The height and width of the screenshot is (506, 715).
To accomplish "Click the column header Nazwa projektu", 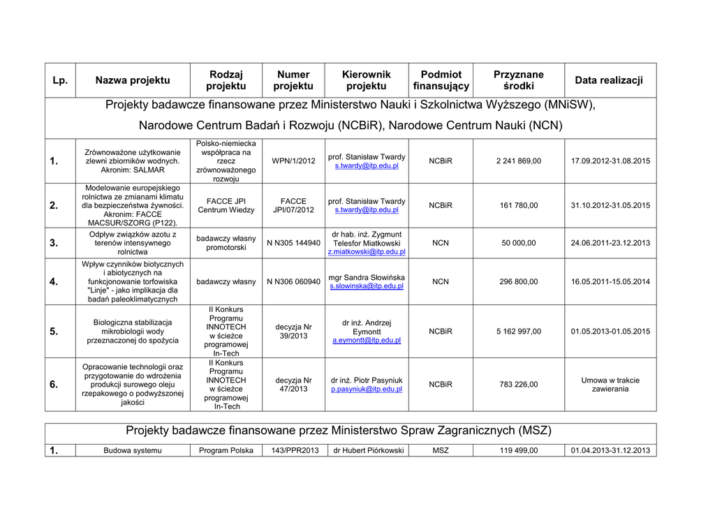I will tap(133, 80).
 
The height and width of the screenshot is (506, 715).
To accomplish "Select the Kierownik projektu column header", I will tap(366, 80).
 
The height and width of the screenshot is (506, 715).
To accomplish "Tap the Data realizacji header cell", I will tap(609, 80).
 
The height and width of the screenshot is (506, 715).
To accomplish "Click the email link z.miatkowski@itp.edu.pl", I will tap(367, 252).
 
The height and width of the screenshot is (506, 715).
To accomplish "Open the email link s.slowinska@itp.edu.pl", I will tap(367, 286).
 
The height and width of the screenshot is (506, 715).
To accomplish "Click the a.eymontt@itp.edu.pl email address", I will tap(367, 341).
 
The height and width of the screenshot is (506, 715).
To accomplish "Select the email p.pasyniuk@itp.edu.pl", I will tap(367, 389).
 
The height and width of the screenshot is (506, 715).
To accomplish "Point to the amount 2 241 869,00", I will tap(519, 161).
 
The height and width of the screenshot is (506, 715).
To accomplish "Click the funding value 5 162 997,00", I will tap(519, 332).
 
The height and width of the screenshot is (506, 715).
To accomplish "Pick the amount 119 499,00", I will tap(519, 451).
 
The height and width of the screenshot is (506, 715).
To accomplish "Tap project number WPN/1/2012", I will tap(293, 161).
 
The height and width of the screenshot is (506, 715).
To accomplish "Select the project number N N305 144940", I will tap(293, 243).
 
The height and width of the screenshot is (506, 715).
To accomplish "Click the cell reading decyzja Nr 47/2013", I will tap(293, 385).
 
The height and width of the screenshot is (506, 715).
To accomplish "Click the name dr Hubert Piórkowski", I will tap(369, 451).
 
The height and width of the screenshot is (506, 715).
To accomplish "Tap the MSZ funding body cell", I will tap(441, 451).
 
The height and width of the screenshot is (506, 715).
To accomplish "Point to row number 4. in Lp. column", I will tap(54, 282).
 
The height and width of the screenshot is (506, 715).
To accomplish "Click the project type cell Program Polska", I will tap(226, 451).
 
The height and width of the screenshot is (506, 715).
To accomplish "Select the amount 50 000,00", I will tap(519, 243).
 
